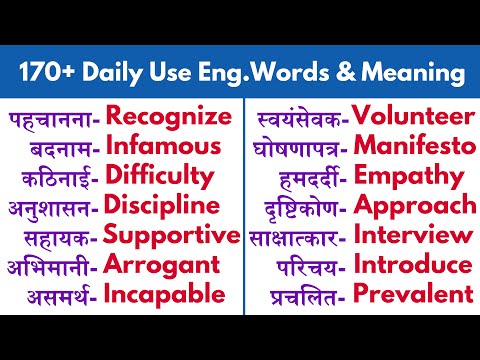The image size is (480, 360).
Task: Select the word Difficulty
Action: pos(160,177)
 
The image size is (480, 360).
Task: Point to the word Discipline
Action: pos(162,206)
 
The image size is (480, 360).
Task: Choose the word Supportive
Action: pos(172,236)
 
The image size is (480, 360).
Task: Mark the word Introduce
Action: pos(413,265)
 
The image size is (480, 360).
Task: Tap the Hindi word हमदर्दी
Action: pos(313,178)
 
